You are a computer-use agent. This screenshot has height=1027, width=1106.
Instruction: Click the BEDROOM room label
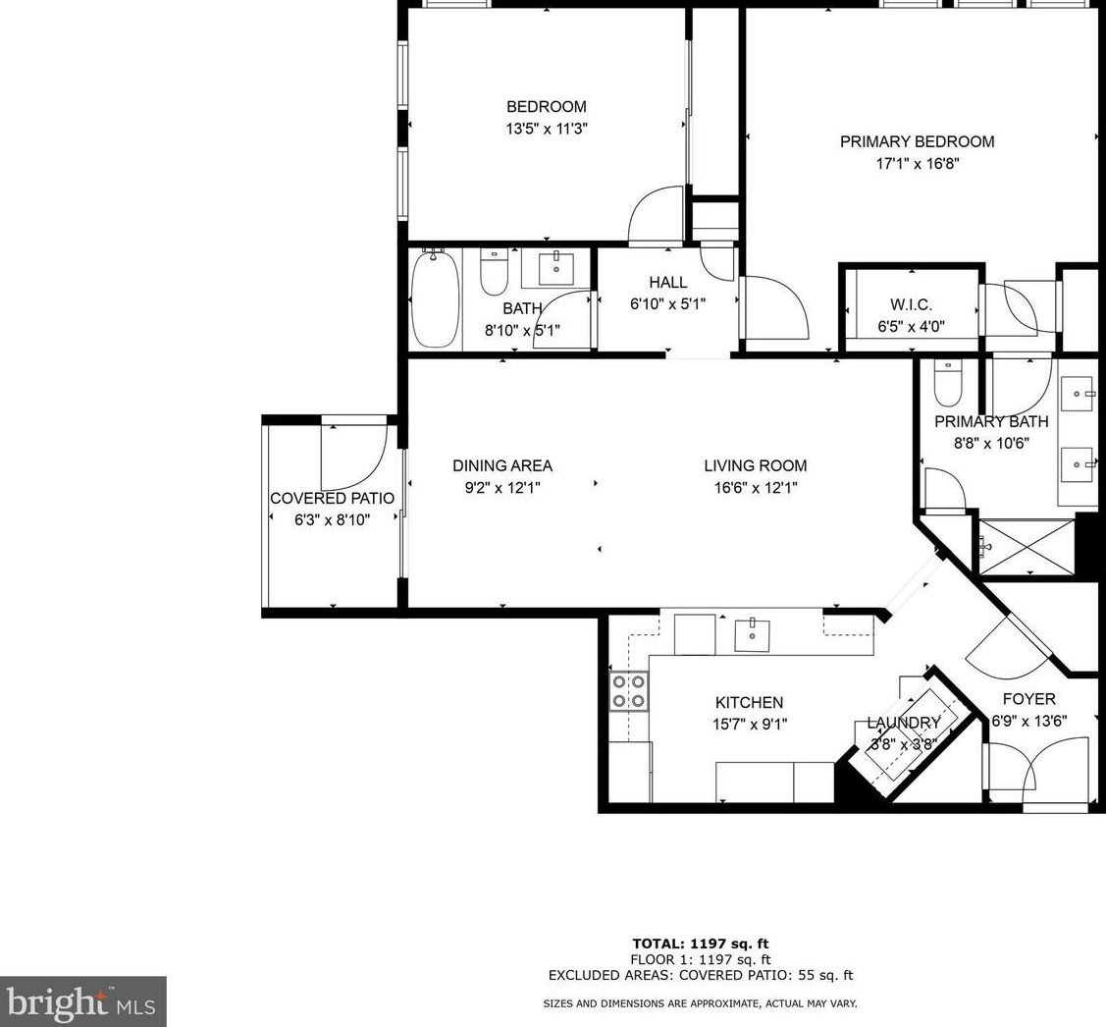pos(546,107)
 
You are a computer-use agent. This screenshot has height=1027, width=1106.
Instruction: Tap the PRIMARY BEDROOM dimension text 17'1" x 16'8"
pos(917,164)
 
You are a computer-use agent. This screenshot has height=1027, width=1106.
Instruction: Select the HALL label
pos(668,283)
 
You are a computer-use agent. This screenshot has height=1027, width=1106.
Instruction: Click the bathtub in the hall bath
pos(435,298)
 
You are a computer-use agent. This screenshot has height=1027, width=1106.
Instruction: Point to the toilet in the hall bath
pos(494,272)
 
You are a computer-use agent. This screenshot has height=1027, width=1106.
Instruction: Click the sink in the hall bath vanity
pos(556,268)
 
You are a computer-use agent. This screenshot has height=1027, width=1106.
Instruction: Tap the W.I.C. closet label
pos(912,305)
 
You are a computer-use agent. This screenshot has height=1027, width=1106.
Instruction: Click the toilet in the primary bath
pos(947,384)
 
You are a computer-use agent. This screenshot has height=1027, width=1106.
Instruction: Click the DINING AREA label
pos(502,465)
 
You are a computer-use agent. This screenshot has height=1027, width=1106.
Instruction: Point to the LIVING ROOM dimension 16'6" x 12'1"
pos(756,488)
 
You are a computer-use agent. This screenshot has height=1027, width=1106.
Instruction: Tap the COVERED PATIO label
pos(333,499)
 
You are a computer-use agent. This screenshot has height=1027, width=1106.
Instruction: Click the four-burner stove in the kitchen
pos(628,691)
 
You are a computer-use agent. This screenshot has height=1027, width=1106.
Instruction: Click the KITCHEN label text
pos(749,702)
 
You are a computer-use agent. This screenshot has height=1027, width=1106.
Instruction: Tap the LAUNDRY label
pos(904,723)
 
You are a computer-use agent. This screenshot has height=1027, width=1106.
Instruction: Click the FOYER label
pos(1029,699)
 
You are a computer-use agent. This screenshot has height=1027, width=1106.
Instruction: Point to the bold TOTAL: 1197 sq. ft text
pos(701,944)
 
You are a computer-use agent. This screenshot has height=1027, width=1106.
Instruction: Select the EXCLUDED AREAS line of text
pos(701,976)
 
